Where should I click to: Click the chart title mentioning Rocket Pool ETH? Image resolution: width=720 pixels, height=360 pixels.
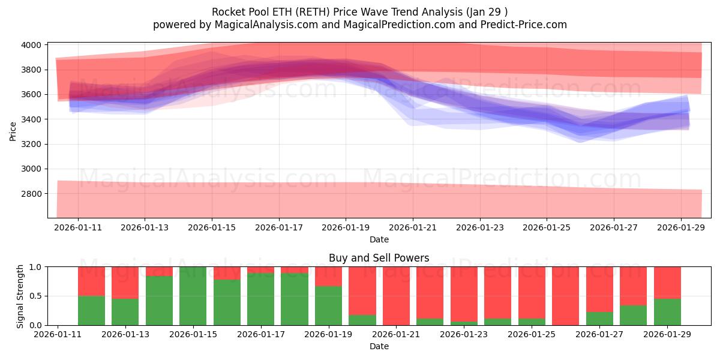360,12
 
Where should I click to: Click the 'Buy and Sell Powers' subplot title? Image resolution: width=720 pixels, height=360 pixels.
379,258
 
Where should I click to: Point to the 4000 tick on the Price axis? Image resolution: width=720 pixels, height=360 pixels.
32,45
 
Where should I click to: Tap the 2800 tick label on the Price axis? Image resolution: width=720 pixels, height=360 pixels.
32,194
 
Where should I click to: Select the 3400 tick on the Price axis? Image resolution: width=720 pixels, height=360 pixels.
32,119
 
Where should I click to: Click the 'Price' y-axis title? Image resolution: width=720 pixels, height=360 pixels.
13,130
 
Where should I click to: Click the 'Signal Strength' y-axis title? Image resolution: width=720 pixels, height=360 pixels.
20,296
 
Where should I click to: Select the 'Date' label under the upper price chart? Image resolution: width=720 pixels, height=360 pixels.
379,239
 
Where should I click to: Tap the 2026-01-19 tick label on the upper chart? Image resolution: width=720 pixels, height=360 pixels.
345,227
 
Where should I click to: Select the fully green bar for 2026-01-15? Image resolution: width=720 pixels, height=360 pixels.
193,296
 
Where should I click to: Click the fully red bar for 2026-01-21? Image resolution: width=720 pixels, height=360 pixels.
396,296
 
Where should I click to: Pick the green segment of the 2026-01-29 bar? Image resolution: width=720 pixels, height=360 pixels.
667,312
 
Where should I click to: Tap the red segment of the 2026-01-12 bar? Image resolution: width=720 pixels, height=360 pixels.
91,281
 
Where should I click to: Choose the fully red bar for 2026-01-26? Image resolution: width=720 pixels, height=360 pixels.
565,296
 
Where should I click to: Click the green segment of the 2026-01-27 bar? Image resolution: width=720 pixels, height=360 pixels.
599,319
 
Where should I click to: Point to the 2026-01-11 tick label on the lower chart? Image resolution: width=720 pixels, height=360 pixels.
58,334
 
